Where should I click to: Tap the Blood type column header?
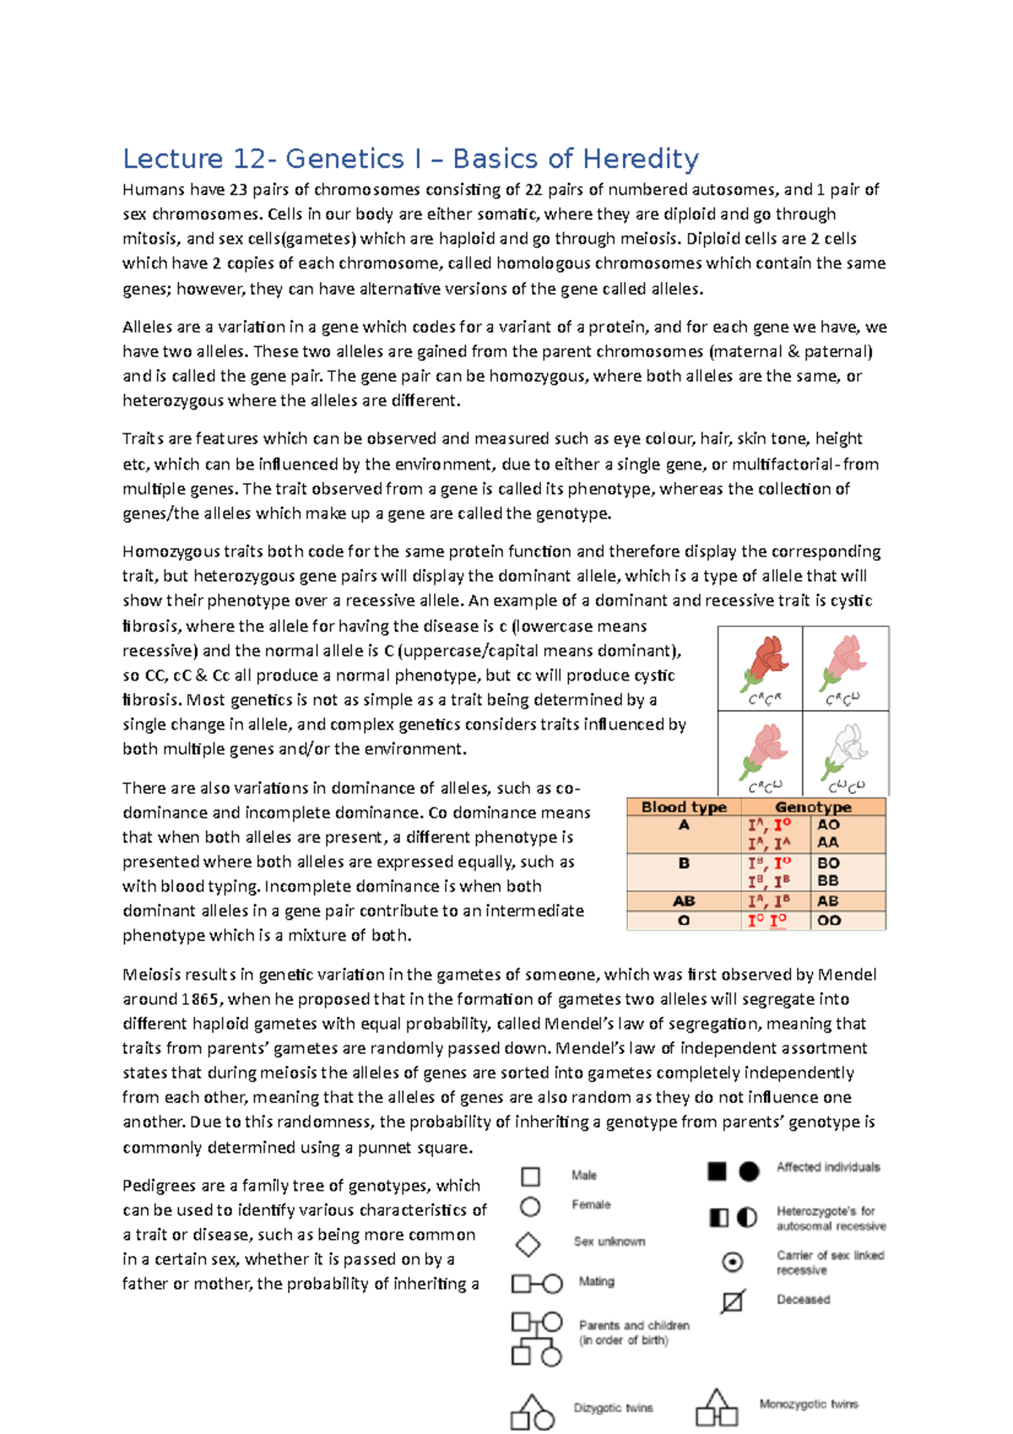pos(684,807)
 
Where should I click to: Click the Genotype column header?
pos(813,807)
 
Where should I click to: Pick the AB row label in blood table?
pos(684,901)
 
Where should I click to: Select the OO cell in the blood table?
pos(829,921)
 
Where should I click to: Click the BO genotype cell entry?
pos(828,863)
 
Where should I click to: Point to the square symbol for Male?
pos(530,1176)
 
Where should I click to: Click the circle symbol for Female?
pos(530,1207)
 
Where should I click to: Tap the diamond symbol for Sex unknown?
pos(528,1244)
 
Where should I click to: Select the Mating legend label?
pos(596,1281)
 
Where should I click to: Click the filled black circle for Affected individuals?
pos(749,1171)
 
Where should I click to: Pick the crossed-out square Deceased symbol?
pos(733,1301)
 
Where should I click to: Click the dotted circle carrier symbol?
pos(733,1262)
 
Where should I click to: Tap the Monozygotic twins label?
pos(808,1404)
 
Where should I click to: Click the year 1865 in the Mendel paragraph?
pos(201,999)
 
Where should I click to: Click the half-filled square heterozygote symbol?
pos(718,1217)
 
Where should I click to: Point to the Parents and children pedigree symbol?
pos(536,1339)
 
